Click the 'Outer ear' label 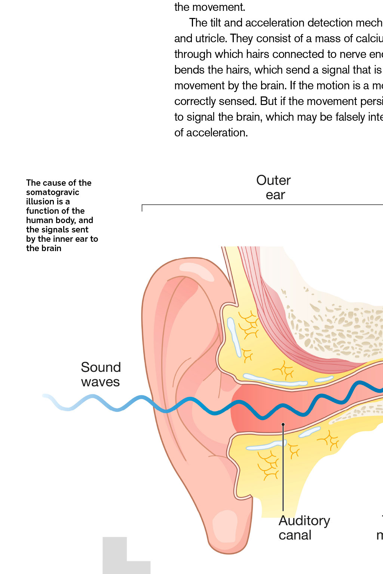[x=274, y=188]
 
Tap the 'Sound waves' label [x=101, y=374]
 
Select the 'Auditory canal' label [x=304, y=528]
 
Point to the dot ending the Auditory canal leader [x=283, y=425]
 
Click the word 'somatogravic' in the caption [x=53, y=192]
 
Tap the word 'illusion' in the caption [x=40, y=201]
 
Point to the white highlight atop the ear [x=196, y=271]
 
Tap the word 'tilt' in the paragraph [x=215, y=23]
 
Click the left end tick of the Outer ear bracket [x=142, y=208]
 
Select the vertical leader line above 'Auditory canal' [x=283, y=467]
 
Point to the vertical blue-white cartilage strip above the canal [x=234, y=336]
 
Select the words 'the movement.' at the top [x=209, y=7]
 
